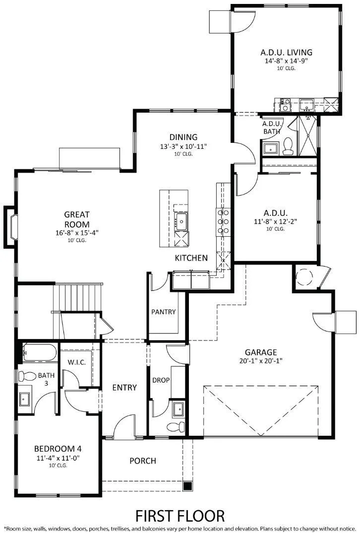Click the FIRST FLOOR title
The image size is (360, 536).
180,515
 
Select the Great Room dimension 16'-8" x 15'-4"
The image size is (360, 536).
77,233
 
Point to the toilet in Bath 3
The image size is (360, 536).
28,376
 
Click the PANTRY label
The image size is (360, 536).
164,312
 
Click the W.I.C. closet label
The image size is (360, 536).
77,362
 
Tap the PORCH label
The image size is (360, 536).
143,461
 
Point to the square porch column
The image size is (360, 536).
187,485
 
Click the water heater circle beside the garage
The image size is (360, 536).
303,276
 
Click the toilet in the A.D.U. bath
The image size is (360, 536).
288,145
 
